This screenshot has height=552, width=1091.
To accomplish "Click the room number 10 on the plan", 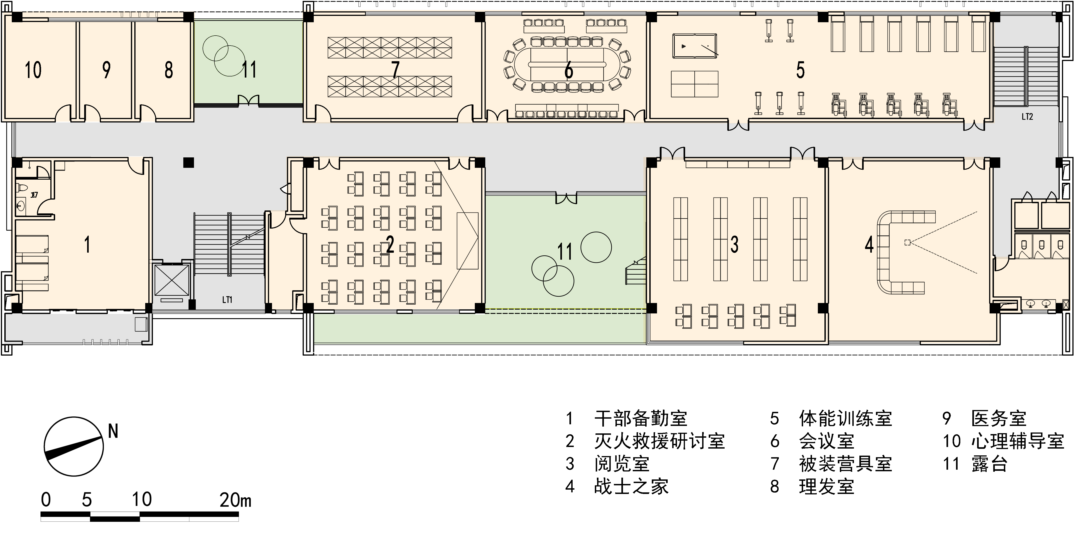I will click(x=33, y=70).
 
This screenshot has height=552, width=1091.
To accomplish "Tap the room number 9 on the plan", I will click(x=106, y=70).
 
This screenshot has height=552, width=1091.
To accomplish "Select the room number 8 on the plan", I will click(x=169, y=70).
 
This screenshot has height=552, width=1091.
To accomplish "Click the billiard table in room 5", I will click(x=695, y=46).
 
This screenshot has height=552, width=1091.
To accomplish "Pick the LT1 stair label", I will click(x=227, y=300).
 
